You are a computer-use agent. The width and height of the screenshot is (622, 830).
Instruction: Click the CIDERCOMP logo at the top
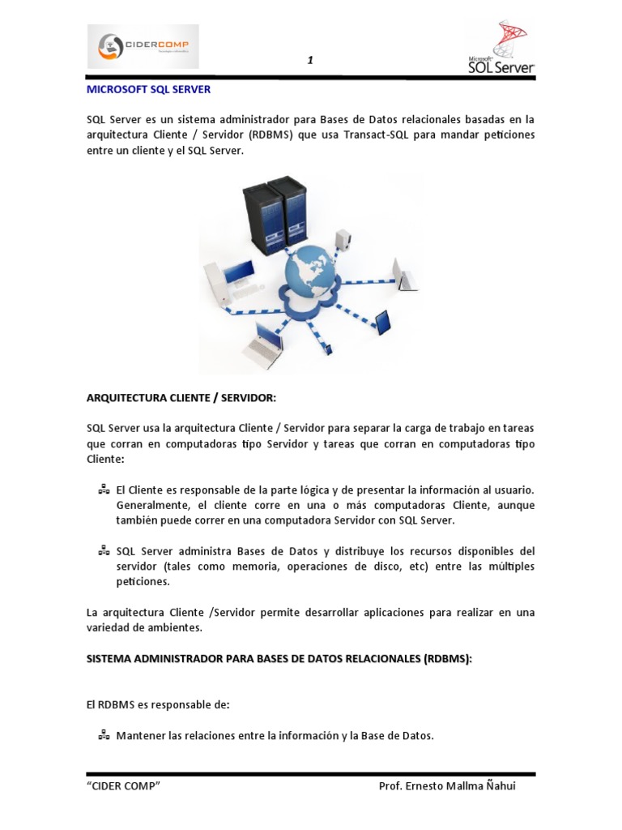(143, 46)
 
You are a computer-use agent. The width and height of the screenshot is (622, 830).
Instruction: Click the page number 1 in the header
(310, 61)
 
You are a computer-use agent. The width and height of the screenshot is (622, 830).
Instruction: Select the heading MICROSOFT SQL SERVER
(148, 91)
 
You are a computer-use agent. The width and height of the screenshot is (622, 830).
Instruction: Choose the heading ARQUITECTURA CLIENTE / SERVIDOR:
(181, 398)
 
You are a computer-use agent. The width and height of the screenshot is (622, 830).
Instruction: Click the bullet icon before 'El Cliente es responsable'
(104, 490)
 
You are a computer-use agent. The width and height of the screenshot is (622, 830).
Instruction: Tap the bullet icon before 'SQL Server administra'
(104, 550)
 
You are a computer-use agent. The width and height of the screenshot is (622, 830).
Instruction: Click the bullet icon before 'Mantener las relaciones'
(104, 736)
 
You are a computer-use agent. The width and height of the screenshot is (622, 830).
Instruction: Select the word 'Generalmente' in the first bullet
(151, 505)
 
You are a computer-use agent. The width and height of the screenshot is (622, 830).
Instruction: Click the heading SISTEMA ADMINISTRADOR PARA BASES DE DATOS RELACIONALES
(279, 659)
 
